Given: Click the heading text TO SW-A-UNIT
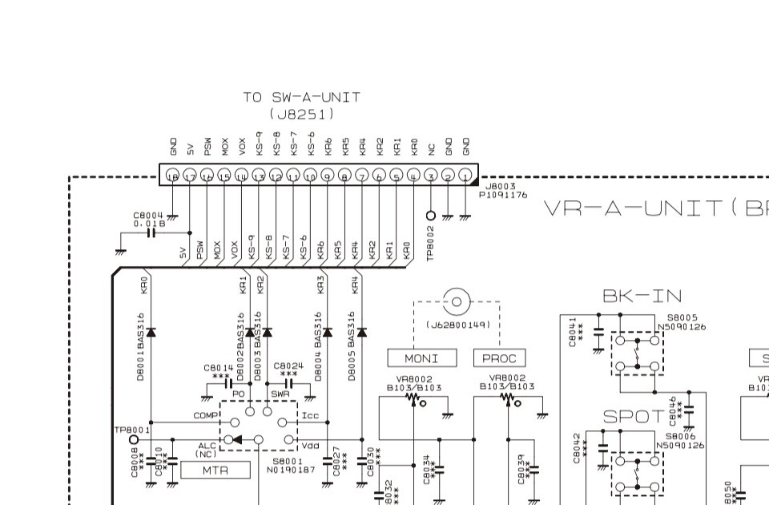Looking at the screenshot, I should tap(301, 97).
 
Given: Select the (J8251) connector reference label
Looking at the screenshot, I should tap(301, 115).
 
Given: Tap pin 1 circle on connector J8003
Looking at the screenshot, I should tap(465, 175).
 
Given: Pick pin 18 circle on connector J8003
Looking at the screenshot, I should tap(172, 175).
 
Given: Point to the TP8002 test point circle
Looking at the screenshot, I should tap(431, 215).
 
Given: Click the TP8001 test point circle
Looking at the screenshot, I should tap(134, 439).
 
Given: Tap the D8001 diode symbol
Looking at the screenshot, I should tap(151, 331).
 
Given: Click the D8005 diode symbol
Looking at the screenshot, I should tap(361, 331).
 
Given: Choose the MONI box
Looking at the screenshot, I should tap(422, 358).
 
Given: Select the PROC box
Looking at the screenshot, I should tap(499, 358).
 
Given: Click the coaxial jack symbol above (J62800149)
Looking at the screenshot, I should tap(457, 301).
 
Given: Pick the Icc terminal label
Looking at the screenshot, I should tap(310, 416).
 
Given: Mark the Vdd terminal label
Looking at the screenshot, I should tap(310, 444).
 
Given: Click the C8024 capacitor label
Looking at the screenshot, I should tap(288, 366).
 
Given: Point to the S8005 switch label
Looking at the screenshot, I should tap(682, 318).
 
